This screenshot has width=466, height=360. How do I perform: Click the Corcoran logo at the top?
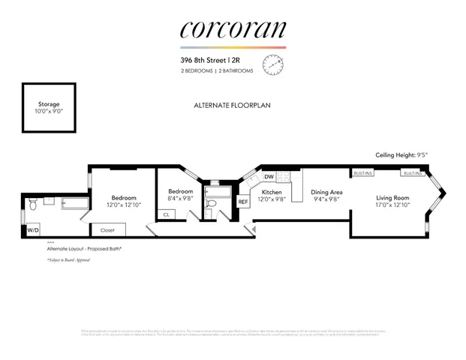(233, 30)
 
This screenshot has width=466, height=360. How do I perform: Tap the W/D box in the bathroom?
(34, 230)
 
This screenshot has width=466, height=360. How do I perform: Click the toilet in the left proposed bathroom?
(32, 203)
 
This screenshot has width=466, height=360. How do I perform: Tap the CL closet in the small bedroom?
(166, 214)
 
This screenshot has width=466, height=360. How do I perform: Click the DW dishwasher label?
(268, 177)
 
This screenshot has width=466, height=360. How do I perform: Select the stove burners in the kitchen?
(284, 177)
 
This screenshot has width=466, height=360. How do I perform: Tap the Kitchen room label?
(270, 192)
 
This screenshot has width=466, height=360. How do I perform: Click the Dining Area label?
(326, 192)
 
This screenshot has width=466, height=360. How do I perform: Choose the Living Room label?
(392, 198)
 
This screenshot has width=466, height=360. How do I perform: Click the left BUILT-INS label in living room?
(363, 173)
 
